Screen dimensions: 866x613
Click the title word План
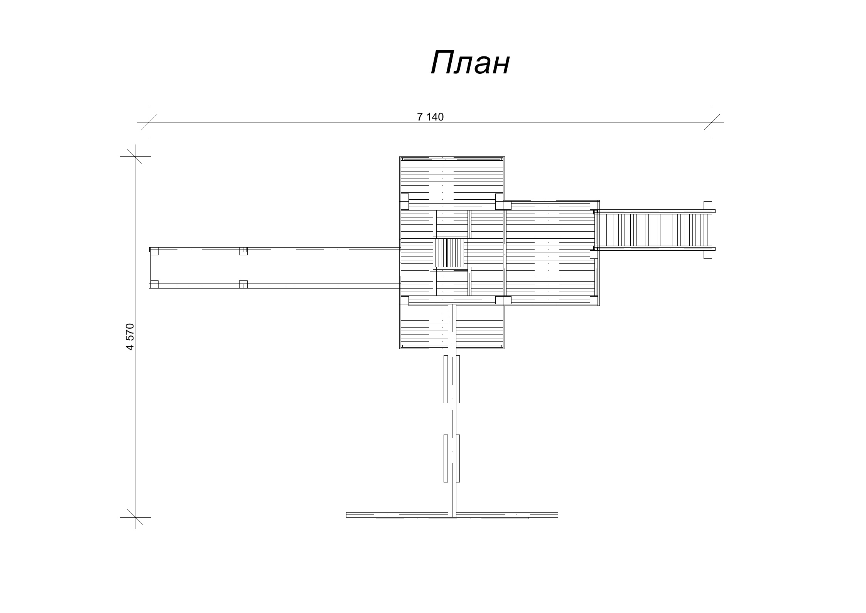pos(470,63)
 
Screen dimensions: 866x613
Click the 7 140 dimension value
pos(430,117)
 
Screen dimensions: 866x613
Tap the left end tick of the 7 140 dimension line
pos(149,122)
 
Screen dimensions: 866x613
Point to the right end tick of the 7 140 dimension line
pos(712,122)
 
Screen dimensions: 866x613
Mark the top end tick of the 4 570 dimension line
pos(135,156)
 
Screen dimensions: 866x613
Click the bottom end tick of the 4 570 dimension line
pos(135,517)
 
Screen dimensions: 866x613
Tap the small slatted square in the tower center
pos(450,253)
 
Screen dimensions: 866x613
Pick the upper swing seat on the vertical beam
pos(451,379)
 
